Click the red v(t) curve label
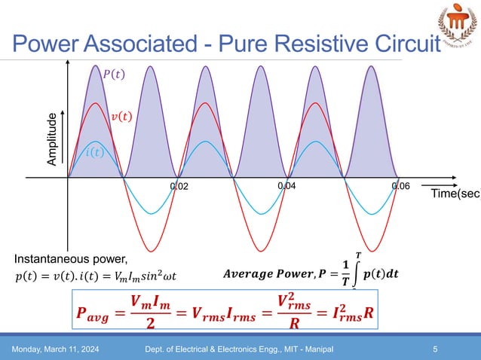(x=121, y=117)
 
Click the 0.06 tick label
(x=400, y=186)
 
